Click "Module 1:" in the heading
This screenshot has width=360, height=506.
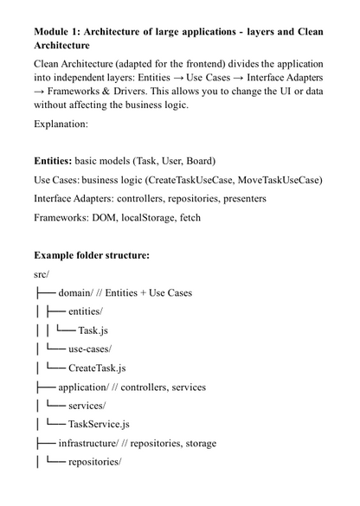(x=60, y=32)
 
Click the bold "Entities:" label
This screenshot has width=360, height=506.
(x=58, y=161)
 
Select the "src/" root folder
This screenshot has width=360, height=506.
(x=42, y=274)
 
